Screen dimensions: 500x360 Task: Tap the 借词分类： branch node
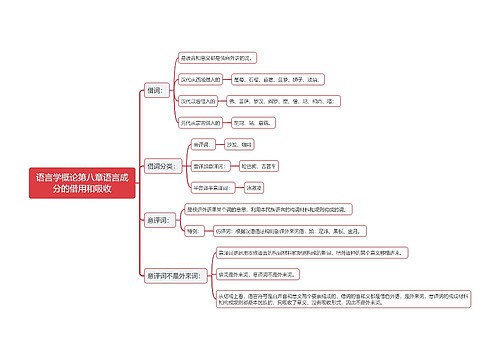pyautogui.click(x=163, y=165)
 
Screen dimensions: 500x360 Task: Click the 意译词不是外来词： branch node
pyautogui.click(x=172, y=274)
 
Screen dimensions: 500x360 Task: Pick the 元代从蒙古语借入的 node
pyautogui.click(x=200, y=123)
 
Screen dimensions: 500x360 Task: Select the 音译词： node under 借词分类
pyautogui.click(x=203, y=145)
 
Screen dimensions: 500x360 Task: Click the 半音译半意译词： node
pyautogui.click(x=213, y=187)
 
